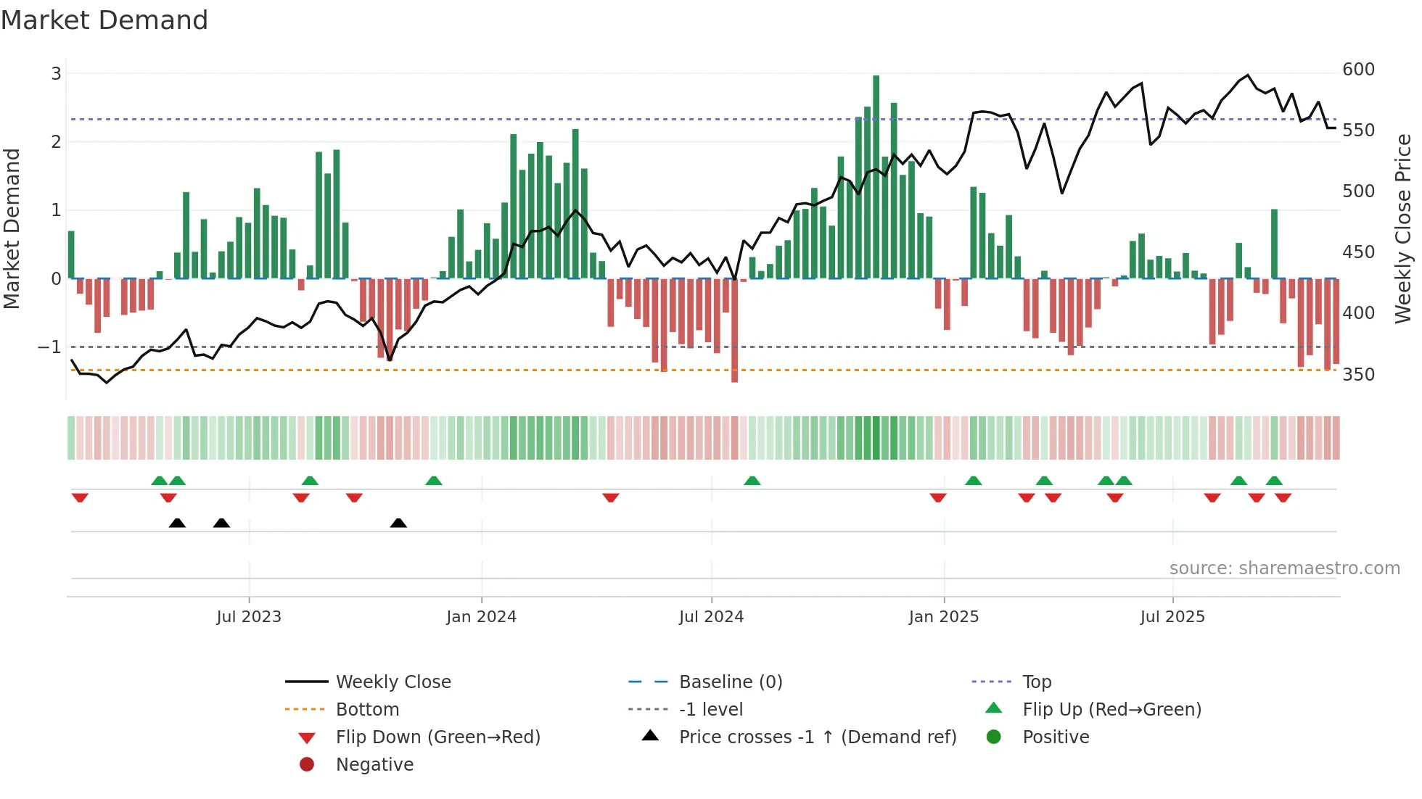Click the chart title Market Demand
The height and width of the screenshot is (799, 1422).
pyautogui.click(x=104, y=20)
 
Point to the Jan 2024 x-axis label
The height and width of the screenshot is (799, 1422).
pyautogui.click(x=481, y=617)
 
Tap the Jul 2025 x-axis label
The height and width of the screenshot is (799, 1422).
pyautogui.click(x=1172, y=617)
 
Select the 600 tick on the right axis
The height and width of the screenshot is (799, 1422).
pyautogui.click(x=1358, y=70)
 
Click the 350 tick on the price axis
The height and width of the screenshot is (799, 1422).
pyautogui.click(x=1358, y=375)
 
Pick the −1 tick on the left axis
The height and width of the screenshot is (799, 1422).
pyautogui.click(x=49, y=347)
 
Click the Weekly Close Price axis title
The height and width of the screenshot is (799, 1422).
pyautogui.click(x=1403, y=228)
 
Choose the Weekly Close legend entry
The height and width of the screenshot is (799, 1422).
pyautogui.click(x=393, y=682)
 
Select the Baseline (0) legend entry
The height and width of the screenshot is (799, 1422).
pyautogui.click(x=730, y=682)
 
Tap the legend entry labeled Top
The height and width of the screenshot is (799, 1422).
pyautogui.click(x=1036, y=682)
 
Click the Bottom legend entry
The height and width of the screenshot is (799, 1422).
pyautogui.click(x=367, y=710)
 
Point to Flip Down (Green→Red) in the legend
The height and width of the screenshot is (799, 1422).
pyautogui.click(x=437, y=737)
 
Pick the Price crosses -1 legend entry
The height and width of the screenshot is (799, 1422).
pyautogui.click(x=817, y=737)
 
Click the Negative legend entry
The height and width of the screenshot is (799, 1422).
pyautogui.click(x=374, y=765)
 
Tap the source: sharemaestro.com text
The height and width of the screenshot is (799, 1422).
pyautogui.click(x=1284, y=568)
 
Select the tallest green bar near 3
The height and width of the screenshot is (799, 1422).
pyautogui.click(x=876, y=174)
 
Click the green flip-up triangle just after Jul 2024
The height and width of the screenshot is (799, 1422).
pyautogui.click(x=752, y=481)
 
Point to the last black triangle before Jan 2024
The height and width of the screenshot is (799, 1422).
pyautogui.click(x=398, y=523)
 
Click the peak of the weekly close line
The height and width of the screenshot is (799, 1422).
pyautogui.click(x=1248, y=75)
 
